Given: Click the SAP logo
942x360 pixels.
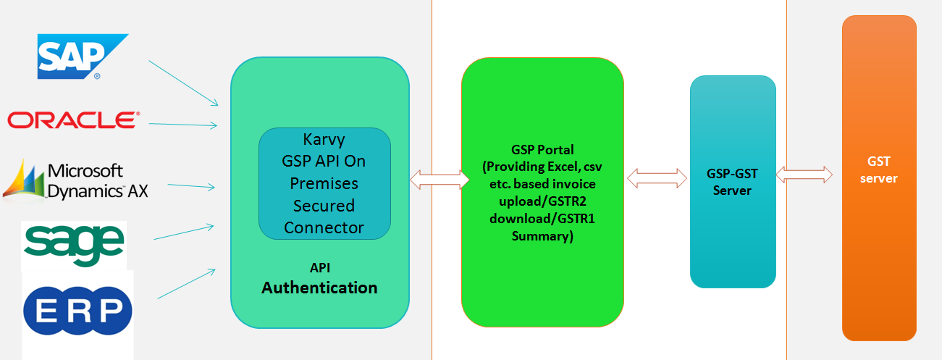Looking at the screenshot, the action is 83,56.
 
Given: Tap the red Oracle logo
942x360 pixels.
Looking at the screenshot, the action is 74,120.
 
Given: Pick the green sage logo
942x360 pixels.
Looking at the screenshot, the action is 75,245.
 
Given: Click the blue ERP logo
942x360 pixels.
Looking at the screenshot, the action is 77,311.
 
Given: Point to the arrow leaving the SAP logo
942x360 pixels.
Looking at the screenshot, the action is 183,83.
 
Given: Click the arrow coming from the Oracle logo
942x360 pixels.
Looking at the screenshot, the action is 183,125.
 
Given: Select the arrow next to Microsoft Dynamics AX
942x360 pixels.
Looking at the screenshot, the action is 191,186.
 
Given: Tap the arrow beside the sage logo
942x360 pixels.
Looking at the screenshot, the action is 184,232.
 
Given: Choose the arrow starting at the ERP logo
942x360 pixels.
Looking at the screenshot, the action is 186,284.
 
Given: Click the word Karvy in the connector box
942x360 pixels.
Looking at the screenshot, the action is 324,140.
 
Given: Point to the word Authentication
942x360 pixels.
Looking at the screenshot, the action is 319,288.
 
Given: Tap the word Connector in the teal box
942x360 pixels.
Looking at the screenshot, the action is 324,227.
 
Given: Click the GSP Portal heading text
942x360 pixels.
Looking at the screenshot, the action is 542,150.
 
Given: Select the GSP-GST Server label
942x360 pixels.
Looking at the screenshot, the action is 732,182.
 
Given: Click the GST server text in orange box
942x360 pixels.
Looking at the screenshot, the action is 879,169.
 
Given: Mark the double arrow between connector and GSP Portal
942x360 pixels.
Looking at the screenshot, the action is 440,180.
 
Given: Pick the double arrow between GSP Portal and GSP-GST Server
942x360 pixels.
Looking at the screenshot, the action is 657,178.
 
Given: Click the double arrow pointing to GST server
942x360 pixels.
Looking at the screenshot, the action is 804,175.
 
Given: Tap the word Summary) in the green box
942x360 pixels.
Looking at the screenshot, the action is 542,236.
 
